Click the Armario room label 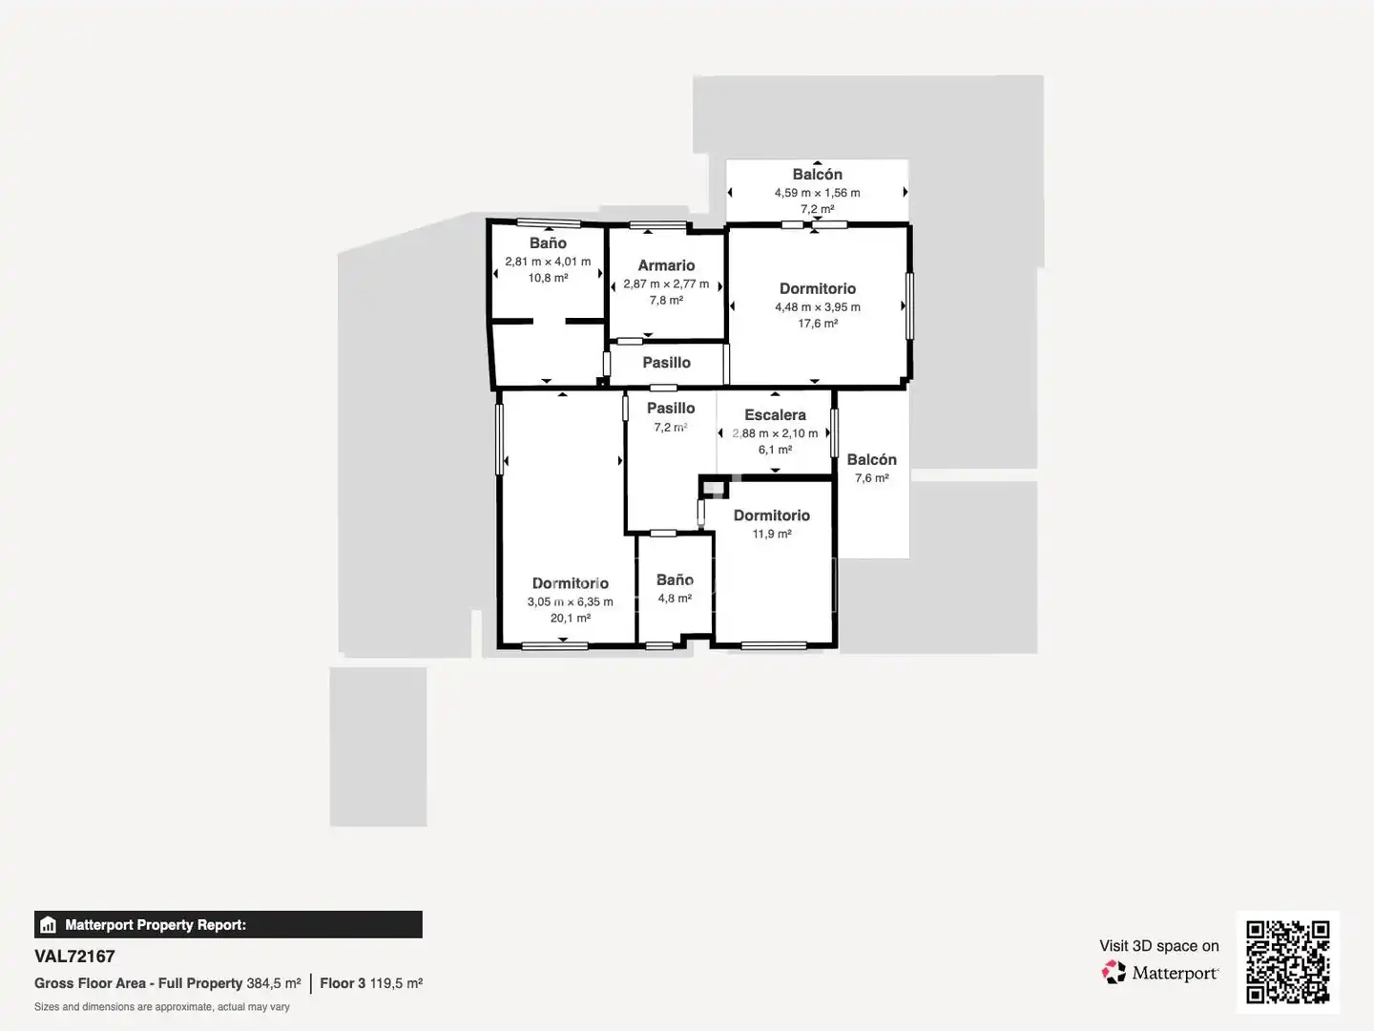(666, 265)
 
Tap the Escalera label (775, 415)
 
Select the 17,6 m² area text (818, 324)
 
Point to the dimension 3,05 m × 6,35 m (570, 601)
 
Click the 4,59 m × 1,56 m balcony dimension (817, 193)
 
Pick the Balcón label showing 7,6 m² (871, 459)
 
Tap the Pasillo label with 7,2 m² (671, 409)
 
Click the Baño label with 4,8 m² (675, 580)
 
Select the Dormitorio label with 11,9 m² (772, 515)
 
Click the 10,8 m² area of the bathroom (548, 278)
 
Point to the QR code (1287, 962)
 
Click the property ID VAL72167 (74, 957)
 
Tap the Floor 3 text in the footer (343, 983)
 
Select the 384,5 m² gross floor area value (274, 983)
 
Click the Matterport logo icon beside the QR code (1114, 973)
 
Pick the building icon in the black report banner (49, 925)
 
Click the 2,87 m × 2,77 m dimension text (666, 284)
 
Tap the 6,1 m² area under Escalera (775, 450)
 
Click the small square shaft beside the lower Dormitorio (714, 487)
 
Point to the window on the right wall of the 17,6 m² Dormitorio (909, 306)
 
